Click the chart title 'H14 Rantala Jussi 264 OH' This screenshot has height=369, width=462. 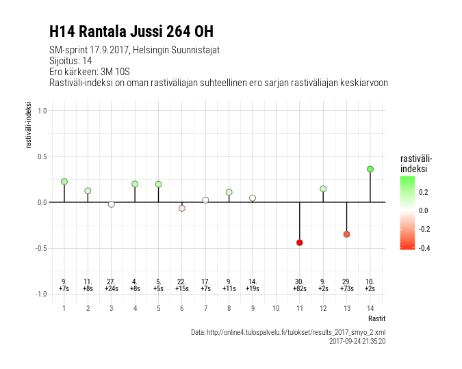(x=131, y=31)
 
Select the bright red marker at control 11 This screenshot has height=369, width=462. (x=299, y=243)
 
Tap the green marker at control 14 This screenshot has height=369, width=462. (x=370, y=169)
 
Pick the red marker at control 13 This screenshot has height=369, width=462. (x=346, y=234)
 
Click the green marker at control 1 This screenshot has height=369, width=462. (x=64, y=182)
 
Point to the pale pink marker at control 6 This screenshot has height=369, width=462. (x=182, y=208)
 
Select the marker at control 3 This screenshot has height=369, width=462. (x=112, y=204)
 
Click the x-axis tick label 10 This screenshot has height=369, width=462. (x=276, y=308)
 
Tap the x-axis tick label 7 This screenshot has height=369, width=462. (x=205, y=308)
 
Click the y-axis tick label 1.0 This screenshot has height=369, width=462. (x=42, y=111)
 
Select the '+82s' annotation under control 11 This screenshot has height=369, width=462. (x=299, y=289)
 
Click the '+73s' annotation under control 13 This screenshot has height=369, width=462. (x=346, y=289)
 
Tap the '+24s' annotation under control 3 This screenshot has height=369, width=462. (x=112, y=289)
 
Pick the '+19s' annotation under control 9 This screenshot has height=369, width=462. (x=253, y=289)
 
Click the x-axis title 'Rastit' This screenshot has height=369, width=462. (x=376, y=318)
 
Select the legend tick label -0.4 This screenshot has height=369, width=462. (x=424, y=248)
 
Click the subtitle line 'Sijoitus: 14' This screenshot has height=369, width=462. (x=70, y=61)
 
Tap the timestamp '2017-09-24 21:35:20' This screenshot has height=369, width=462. (x=357, y=340)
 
